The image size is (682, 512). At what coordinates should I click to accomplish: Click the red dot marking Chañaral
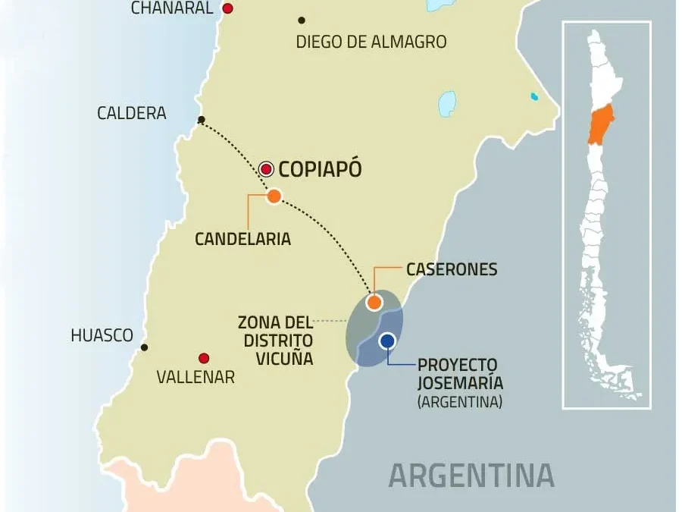(x=227, y=8)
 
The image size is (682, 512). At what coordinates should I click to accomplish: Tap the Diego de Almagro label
(x=371, y=42)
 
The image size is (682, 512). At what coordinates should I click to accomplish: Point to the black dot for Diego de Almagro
(x=302, y=20)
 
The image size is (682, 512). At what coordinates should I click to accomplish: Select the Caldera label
(x=131, y=113)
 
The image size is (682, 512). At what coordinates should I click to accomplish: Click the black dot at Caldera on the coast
(x=201, y=120)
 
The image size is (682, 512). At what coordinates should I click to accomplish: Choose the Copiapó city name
(x=320, y=169)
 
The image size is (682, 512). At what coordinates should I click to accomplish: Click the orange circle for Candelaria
(x=274, y=196)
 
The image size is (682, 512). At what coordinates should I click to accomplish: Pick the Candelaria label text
(x=242, y=238)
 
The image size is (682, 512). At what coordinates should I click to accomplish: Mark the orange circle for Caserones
(x=374, y=303)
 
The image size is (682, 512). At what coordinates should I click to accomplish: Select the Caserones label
(x=452, y=269)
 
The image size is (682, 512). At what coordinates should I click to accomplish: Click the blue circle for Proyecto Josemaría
(x=387, y=341)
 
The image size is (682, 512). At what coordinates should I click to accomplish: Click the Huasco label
(x=102, y=335)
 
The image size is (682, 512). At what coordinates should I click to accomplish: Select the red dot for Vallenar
(x=203, y=358)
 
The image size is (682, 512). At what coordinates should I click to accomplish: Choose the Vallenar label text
(x=196, y=377)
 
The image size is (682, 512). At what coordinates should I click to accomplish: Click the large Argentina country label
(x=471, y=475)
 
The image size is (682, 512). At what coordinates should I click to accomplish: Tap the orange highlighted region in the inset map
(x=601, y=125)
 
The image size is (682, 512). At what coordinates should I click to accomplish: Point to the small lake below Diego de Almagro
(x=447, y=103)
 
